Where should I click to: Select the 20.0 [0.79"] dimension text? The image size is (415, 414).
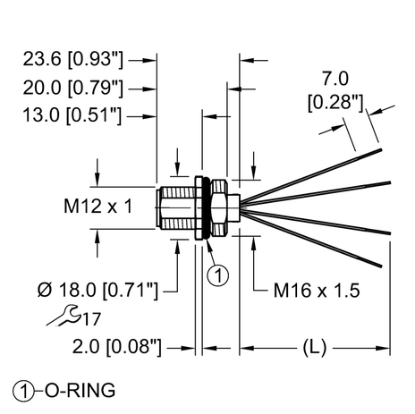[x=74, y=88]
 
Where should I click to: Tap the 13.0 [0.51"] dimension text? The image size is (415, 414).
[x=74, y=114]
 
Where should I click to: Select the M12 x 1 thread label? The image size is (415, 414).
[x=98, y=207]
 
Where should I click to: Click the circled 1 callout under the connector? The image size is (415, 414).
[x=217, y=276]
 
